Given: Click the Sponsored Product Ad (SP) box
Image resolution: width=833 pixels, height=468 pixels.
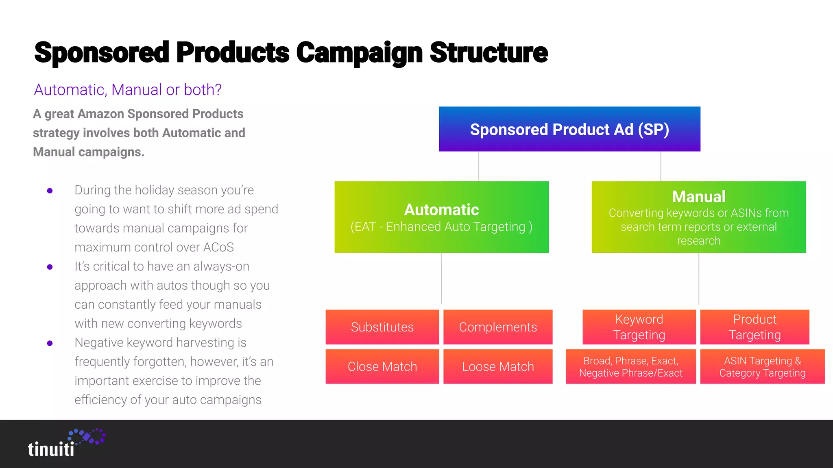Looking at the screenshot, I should click(x=569, y=129).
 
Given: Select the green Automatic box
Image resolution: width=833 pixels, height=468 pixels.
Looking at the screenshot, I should click(x=441, y=217).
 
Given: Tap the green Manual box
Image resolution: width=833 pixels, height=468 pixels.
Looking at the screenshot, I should click(x=698, y=217).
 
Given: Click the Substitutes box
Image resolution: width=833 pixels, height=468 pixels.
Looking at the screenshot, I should click(x=382, y=327).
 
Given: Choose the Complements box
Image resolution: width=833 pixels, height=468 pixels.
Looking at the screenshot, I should click(x=498, y=327).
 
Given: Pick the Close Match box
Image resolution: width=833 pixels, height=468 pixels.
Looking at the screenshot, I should click(x=382, y=366).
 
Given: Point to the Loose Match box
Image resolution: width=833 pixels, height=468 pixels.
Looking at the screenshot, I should click(x=498, y=366).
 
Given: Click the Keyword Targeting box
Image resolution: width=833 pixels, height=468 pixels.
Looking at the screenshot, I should click(x=639, y=327).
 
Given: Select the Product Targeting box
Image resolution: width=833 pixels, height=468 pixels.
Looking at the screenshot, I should click(x=754, y=327).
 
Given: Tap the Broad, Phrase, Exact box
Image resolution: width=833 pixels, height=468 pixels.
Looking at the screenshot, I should click(x=630, y=366).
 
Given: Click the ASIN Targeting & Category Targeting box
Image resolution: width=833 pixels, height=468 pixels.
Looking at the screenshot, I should click(x=762, y=366).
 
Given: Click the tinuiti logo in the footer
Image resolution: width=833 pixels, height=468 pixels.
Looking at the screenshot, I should click(x=65, y=444).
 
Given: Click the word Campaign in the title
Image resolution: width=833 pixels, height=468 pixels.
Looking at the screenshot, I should click(x=359, y=53).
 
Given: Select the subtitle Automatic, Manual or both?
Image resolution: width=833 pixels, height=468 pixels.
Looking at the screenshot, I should click(x=128, y=90).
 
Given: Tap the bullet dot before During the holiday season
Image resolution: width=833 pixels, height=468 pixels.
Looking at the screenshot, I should click(x=50, y=191).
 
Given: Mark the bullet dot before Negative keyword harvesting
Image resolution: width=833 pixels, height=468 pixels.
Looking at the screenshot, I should click(x=50, y=343).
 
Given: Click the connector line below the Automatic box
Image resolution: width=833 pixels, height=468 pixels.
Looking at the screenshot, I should click(x=441, y=278).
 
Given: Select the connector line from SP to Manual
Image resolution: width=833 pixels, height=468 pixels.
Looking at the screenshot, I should click(x=661, y=166).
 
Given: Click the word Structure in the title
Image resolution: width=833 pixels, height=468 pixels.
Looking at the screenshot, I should click(x=488, y=53).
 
